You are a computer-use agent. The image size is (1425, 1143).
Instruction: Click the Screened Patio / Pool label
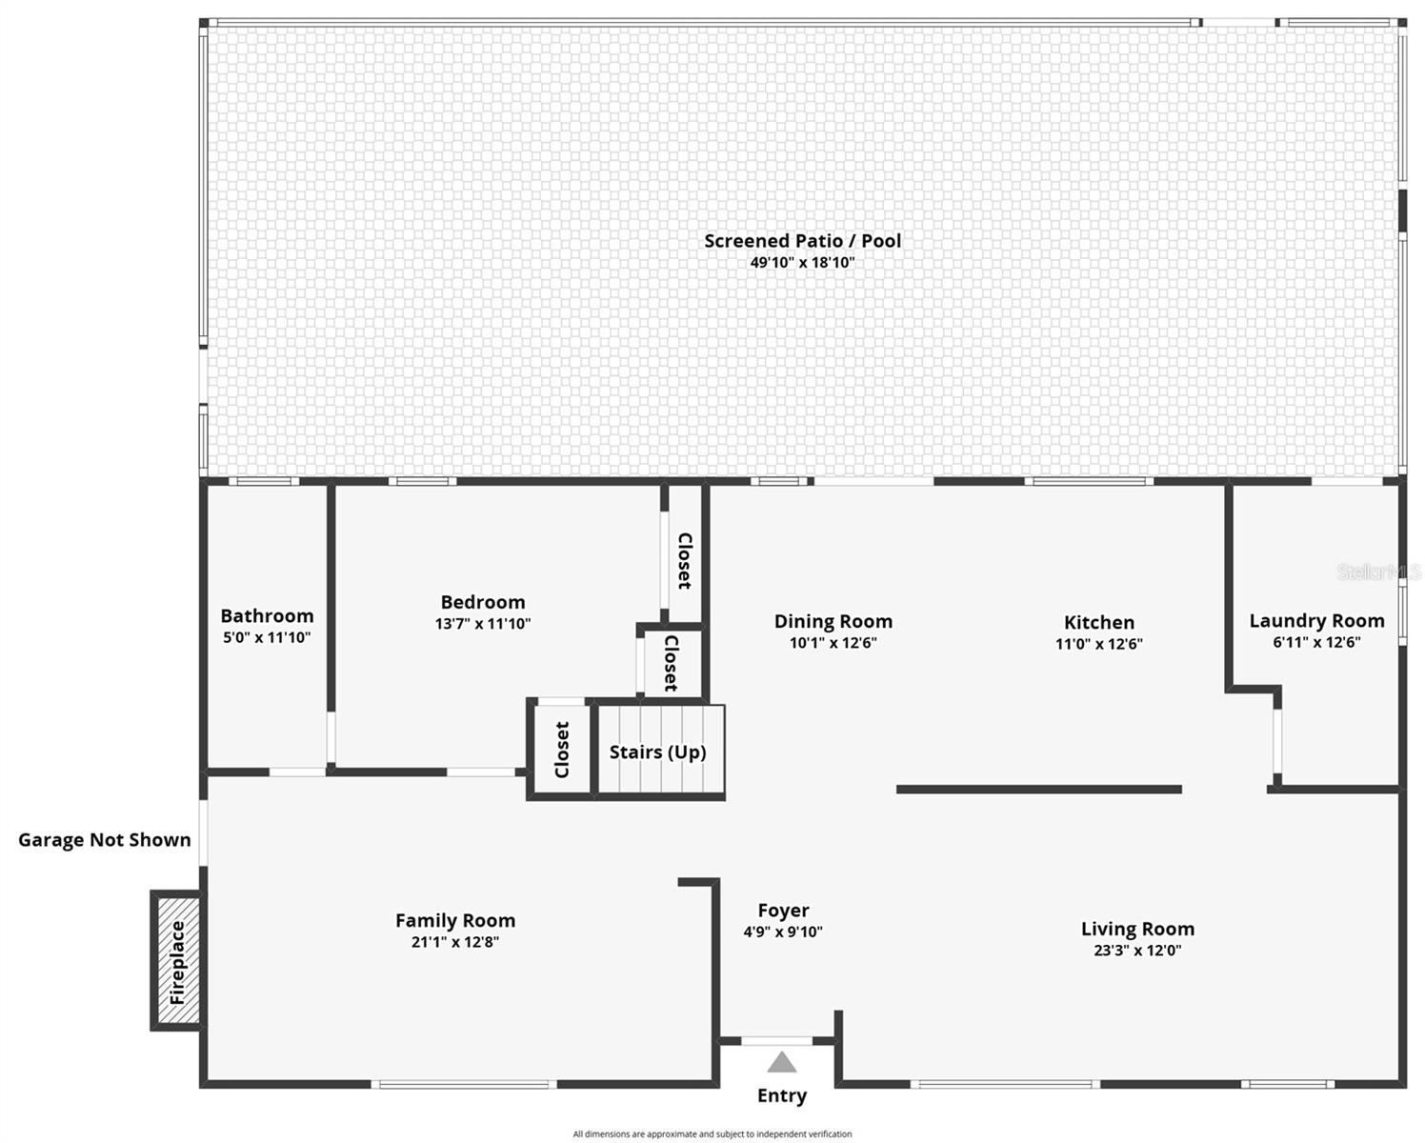802,241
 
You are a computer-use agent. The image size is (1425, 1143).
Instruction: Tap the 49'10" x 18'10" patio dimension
802,263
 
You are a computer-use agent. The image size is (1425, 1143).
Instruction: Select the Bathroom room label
267,616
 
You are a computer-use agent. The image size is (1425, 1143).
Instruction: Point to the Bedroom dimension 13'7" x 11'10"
483,625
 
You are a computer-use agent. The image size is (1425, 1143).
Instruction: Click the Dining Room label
833,622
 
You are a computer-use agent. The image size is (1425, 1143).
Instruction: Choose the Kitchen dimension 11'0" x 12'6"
1098,644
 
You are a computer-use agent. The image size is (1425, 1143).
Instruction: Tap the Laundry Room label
1316,621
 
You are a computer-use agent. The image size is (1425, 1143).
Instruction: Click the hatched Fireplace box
177,961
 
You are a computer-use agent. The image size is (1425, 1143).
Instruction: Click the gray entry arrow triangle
781,1062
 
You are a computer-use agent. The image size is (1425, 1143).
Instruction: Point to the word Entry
781,1096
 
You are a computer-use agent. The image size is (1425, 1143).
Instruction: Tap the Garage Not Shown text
105,840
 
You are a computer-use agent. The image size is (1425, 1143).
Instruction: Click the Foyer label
783,912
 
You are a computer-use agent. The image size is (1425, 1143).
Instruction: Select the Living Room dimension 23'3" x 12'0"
1137,951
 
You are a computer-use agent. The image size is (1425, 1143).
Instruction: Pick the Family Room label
455,921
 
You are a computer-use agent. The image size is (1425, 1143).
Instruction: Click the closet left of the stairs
561,749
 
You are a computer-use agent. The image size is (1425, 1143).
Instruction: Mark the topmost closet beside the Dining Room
684,559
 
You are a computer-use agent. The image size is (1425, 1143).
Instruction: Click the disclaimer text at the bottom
712,1134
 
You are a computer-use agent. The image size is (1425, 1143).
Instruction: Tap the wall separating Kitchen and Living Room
1038,790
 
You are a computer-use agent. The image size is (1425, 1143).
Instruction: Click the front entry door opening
777,1041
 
